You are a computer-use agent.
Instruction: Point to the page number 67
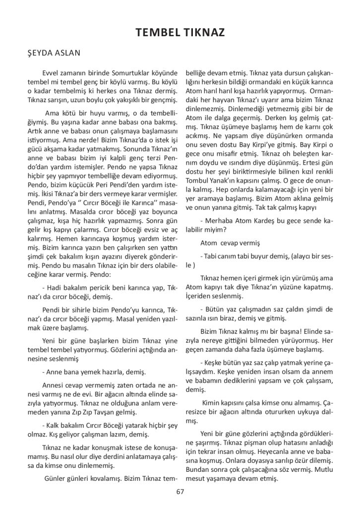tap(180, 492)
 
